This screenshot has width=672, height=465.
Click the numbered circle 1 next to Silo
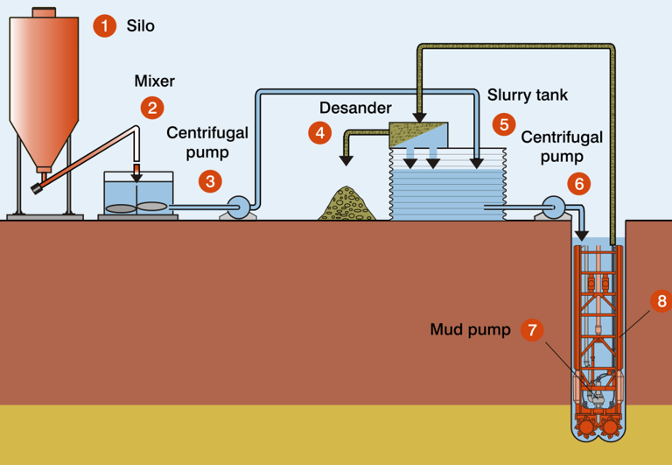click(105, 25)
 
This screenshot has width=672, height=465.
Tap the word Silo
click(141, 25)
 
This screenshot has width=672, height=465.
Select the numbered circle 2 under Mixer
click(152, 108)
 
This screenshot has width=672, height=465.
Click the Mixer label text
click(155, 81)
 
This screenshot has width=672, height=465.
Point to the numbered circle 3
click(210, 181)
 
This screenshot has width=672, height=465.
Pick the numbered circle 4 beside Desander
click(320, 133)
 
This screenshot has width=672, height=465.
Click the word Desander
click(356, 108)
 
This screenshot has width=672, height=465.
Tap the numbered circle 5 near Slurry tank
click(504, 124)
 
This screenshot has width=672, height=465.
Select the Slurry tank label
click(528, 95)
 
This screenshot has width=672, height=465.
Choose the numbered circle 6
click(579, 184)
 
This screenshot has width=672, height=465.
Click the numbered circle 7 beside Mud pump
click(532, 330)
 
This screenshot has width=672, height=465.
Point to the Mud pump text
click(471, 329)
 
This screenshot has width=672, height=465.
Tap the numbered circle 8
click(661, 300)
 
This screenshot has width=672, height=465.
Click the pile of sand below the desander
click(347, 204)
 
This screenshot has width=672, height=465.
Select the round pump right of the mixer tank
click(238, 208)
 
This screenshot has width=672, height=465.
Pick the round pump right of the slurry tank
click(554, 208)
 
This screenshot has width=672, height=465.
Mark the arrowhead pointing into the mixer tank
click(136, 177)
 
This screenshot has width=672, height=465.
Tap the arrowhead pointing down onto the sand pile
click(346, 160)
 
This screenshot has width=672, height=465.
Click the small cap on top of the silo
click(44, 12)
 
